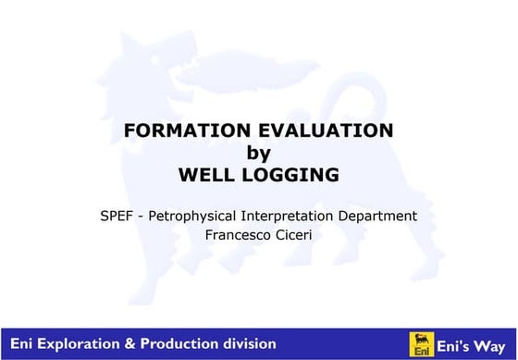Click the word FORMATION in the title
(x=179, y=131)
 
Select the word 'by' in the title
(x=258, y=153)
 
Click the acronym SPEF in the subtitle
(x=116, y=216)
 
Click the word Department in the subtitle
(x=380, y=216)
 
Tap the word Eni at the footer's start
(x=23, y=343)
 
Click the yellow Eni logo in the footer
(x=421, y=343)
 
